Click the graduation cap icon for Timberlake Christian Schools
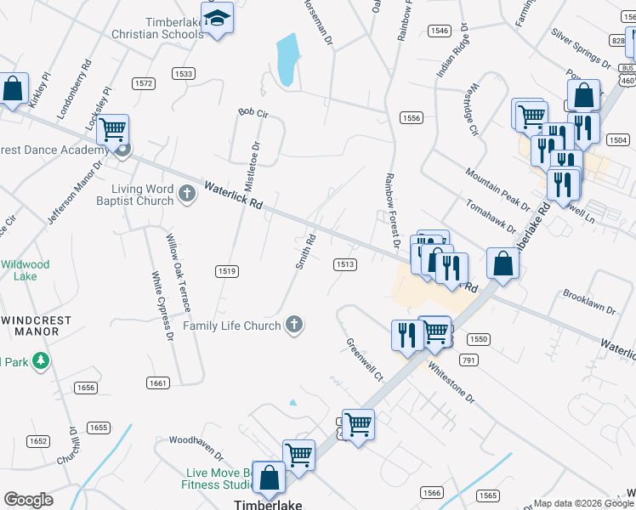(219, 20)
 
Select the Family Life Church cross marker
(294, 324)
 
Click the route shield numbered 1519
(226, 271)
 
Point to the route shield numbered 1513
(344, 264)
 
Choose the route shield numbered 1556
(412, 118)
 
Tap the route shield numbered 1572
(143, 83)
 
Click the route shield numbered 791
(468, 360)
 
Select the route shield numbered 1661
(157, 383)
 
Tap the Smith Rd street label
(305, 252)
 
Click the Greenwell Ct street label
(364, 360)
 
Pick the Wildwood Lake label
(26, 270)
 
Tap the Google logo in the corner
(28, 500)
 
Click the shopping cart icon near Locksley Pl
(112, 130)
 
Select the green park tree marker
(39, 361)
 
